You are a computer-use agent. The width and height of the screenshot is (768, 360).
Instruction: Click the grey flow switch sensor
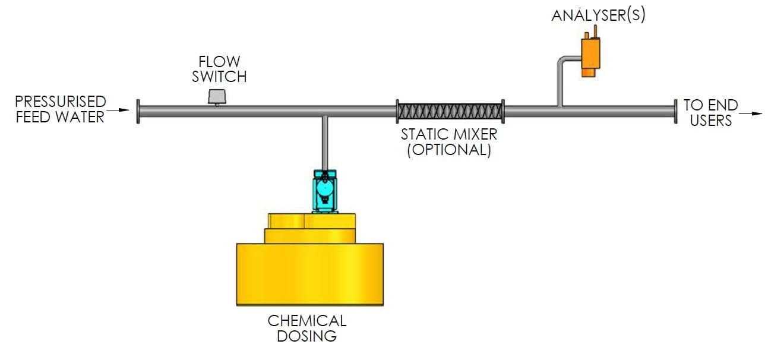tap(217, 97)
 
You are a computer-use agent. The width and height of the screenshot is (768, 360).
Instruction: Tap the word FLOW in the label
tap(219, 62)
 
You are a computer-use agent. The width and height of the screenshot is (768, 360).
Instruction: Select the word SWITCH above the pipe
tap(219, 77)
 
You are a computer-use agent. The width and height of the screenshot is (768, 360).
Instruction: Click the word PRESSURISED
tap(61, 102)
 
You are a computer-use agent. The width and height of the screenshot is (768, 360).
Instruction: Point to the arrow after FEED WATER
tap(118, 110)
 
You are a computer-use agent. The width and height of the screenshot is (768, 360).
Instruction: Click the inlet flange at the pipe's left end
tap(138, 111)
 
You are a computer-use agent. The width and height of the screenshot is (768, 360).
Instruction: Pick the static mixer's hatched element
tap(450, 112)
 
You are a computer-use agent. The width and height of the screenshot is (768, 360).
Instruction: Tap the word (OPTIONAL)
tap(449, 150)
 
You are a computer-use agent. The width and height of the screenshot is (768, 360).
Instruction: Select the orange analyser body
tap(590, 55)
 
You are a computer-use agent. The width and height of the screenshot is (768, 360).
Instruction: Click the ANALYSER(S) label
tap(598, 15)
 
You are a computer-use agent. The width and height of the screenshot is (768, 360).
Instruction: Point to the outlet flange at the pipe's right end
tap(675, 111)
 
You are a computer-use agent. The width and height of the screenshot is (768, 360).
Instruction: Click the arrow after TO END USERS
tap(751, 113)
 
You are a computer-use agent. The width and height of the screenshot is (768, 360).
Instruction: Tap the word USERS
tap(711, 121)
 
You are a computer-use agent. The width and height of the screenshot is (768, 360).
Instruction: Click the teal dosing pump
tap(324, 191)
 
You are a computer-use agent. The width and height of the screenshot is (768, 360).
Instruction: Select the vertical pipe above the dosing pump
tap(325, 143)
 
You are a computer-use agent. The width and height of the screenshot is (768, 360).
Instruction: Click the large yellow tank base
tap(310, 274)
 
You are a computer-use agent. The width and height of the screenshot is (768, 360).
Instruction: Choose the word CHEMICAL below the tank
tap(307, 321)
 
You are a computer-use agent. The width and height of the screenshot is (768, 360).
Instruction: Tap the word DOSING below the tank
tap(306, 336)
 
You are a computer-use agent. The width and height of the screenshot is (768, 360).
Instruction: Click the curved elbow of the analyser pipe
tap(562, 61)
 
